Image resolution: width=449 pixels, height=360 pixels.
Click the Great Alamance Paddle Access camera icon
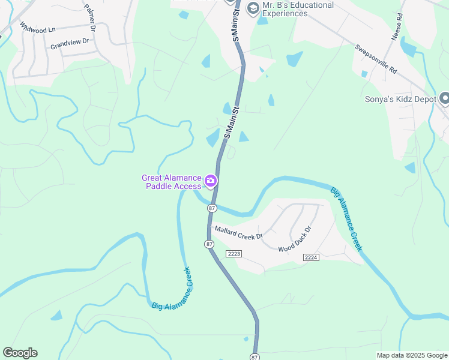pyautogui.click(x=211, y=181)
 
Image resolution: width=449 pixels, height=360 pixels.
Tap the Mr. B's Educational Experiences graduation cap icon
pyautogui.click(x=253, y=8)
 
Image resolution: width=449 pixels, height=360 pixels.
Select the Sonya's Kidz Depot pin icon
pyautogui.click(x=445, y=98)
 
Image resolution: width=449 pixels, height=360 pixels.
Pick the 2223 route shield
pyautogui.click(x=234, y=254)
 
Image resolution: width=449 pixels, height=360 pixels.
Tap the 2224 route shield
pyautogui.click(x=310, y=257)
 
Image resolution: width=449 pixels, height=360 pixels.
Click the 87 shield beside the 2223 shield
pyautogui.click(x=209, y=244)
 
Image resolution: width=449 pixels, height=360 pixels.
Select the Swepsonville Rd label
pyautogui.click(x=376, y=59)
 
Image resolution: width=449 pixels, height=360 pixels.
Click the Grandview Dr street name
pyautogui.click(x=70, y=43)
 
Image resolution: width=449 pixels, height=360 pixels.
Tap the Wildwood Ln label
pyautogui.click(x=37, y=28)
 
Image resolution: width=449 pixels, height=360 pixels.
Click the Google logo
pyautogui.click(x=20, y=353)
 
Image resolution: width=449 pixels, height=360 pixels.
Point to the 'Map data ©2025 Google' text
pyautogui.click(x=411, y=355)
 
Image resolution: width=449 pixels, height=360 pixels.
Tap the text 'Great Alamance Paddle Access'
pyautogui.click(x=172, y=182)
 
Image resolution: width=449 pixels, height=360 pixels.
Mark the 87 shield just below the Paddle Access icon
pyautogui.click(x=211, y=208)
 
